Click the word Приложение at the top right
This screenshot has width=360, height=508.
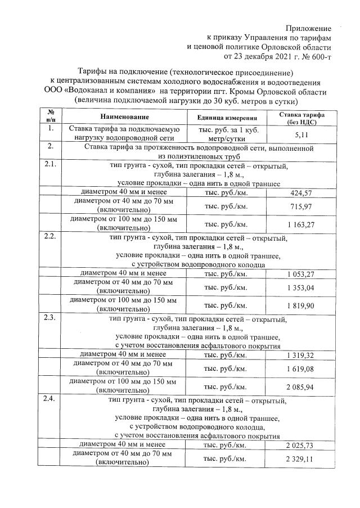click(308, 28)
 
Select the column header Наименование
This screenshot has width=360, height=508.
click(125, 117)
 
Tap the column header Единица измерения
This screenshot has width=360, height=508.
click(227, 118)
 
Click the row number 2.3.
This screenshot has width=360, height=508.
click(49, 319)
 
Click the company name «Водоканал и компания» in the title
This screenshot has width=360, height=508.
click(110, 91)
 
